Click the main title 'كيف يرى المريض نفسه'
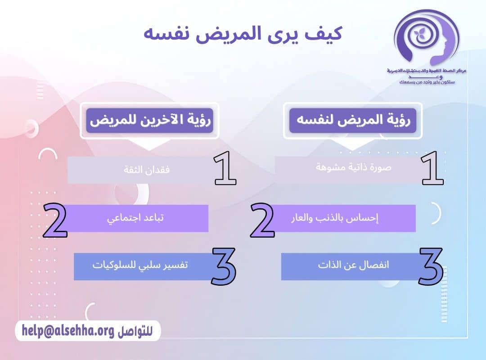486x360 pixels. [243, 34]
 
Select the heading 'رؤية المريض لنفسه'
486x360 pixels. [353, 120]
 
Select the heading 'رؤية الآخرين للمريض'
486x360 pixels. [149, 120]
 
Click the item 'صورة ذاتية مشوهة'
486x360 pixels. [353, 167]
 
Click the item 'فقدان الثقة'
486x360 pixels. [147, 170]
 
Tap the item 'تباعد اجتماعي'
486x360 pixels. [135, 218]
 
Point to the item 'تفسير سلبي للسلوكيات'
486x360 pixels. [140, 265]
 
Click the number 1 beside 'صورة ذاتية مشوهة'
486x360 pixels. [432, 169]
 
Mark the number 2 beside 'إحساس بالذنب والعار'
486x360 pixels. [262, 220]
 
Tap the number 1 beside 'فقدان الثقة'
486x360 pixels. [225, 169]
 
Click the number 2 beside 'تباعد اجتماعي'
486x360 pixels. [55, 220]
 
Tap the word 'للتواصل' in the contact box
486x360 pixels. [135, 331]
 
